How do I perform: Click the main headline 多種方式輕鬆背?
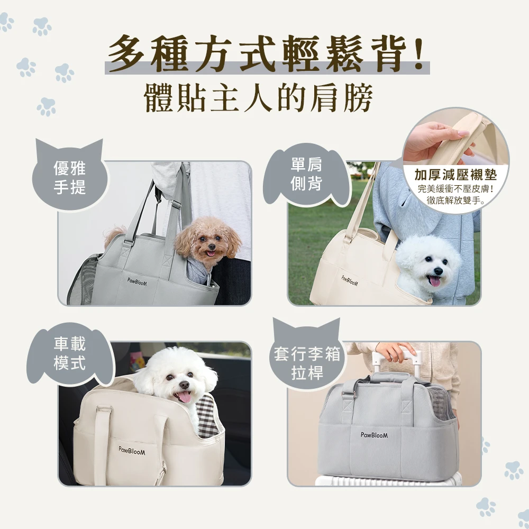(267, 54)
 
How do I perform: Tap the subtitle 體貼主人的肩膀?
(259, 97)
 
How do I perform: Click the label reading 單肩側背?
(306, 174)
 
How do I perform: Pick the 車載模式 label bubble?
(70, 353)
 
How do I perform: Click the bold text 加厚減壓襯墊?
(455, 175)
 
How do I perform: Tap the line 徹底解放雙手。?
(456, 200)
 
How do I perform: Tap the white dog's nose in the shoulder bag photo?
(438, 271)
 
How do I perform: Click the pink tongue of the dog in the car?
(184, 397)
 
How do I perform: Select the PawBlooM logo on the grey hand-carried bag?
(137, 282)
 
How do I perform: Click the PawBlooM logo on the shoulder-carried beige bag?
(350, 281)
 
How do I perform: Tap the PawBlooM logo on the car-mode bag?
(132, 450)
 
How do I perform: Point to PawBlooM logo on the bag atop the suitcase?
(374, 435)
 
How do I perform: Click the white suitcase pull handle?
(397, 358)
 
